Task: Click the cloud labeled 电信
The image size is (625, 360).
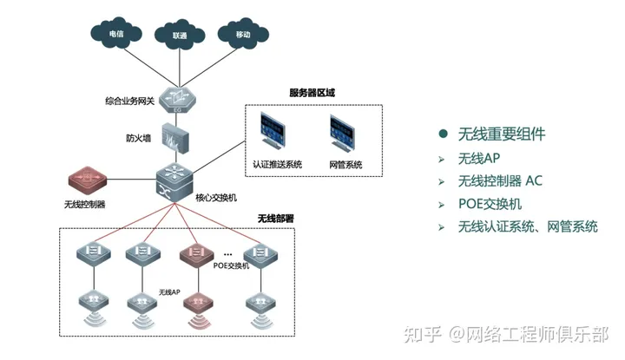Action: coord(115,35)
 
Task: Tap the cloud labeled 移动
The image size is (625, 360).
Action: coord(243,35)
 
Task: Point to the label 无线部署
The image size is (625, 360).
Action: coord(276,219)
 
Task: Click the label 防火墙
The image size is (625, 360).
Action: coord(139,138)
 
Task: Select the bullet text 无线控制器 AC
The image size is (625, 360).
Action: coord(501,181)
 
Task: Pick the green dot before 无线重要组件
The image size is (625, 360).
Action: coord(443,134)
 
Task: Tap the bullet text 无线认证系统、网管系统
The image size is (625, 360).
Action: coord(528,227)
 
